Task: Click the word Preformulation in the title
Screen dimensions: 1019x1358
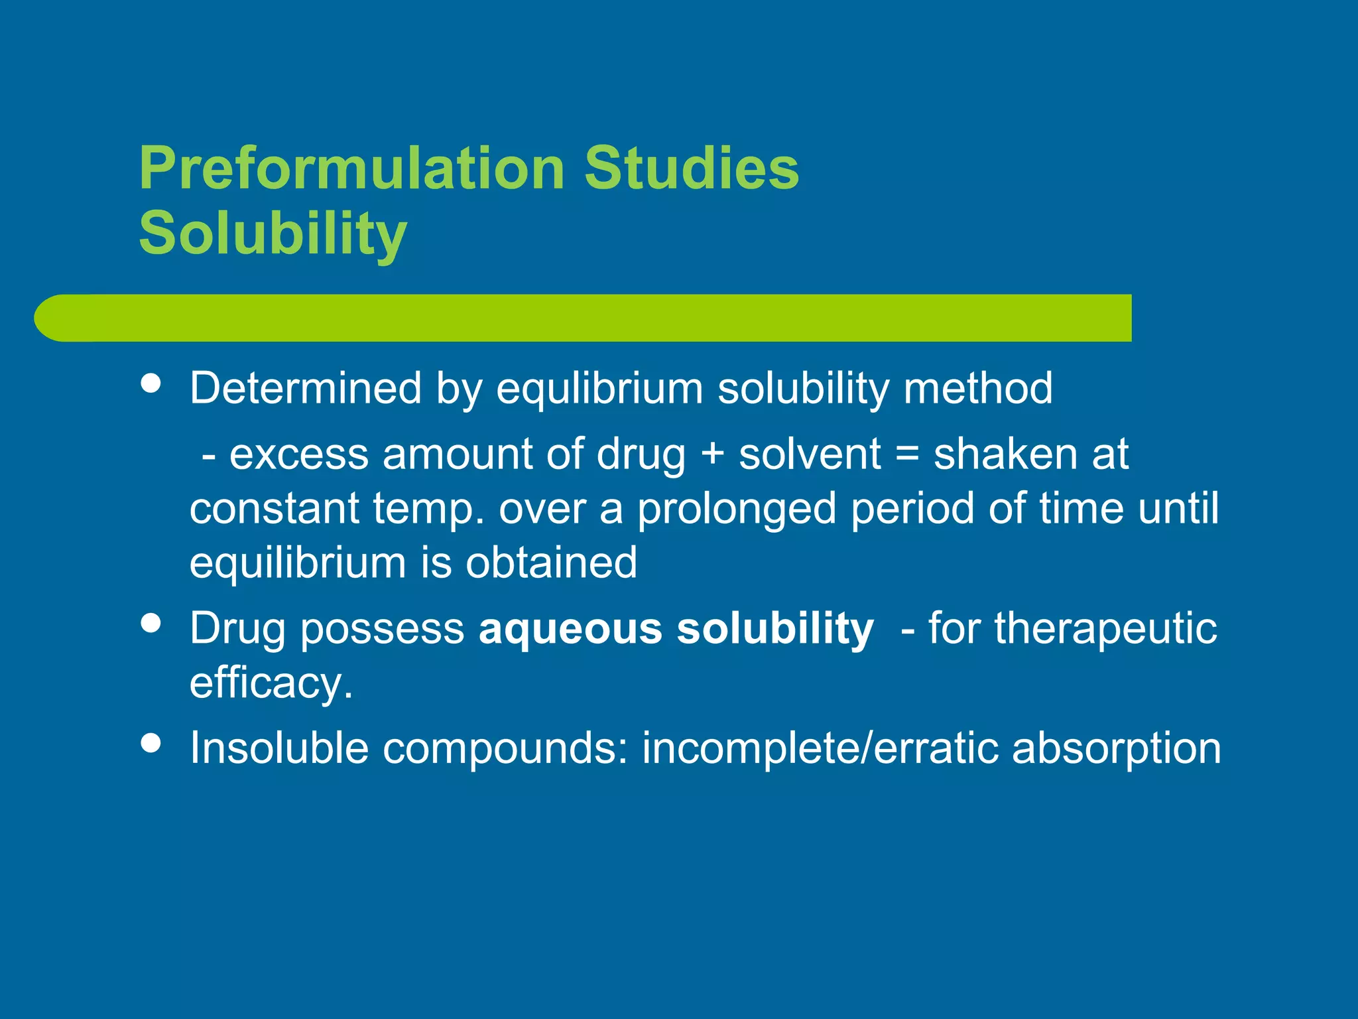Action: pos(351,169)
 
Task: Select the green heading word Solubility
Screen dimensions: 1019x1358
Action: pos(273,234)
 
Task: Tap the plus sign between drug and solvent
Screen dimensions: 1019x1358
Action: pos(712,455)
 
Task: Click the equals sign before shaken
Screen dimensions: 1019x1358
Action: pos(906,455)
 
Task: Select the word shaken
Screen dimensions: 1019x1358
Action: pos(1005,455)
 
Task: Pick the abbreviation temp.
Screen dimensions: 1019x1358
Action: pos(428,509)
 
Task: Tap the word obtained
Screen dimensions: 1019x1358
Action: pos(551,563)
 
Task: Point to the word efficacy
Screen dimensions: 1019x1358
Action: pos(271,683)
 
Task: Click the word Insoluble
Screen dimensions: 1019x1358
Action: pos(279,748)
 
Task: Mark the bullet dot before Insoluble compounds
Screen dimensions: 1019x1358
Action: pos(152,742)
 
